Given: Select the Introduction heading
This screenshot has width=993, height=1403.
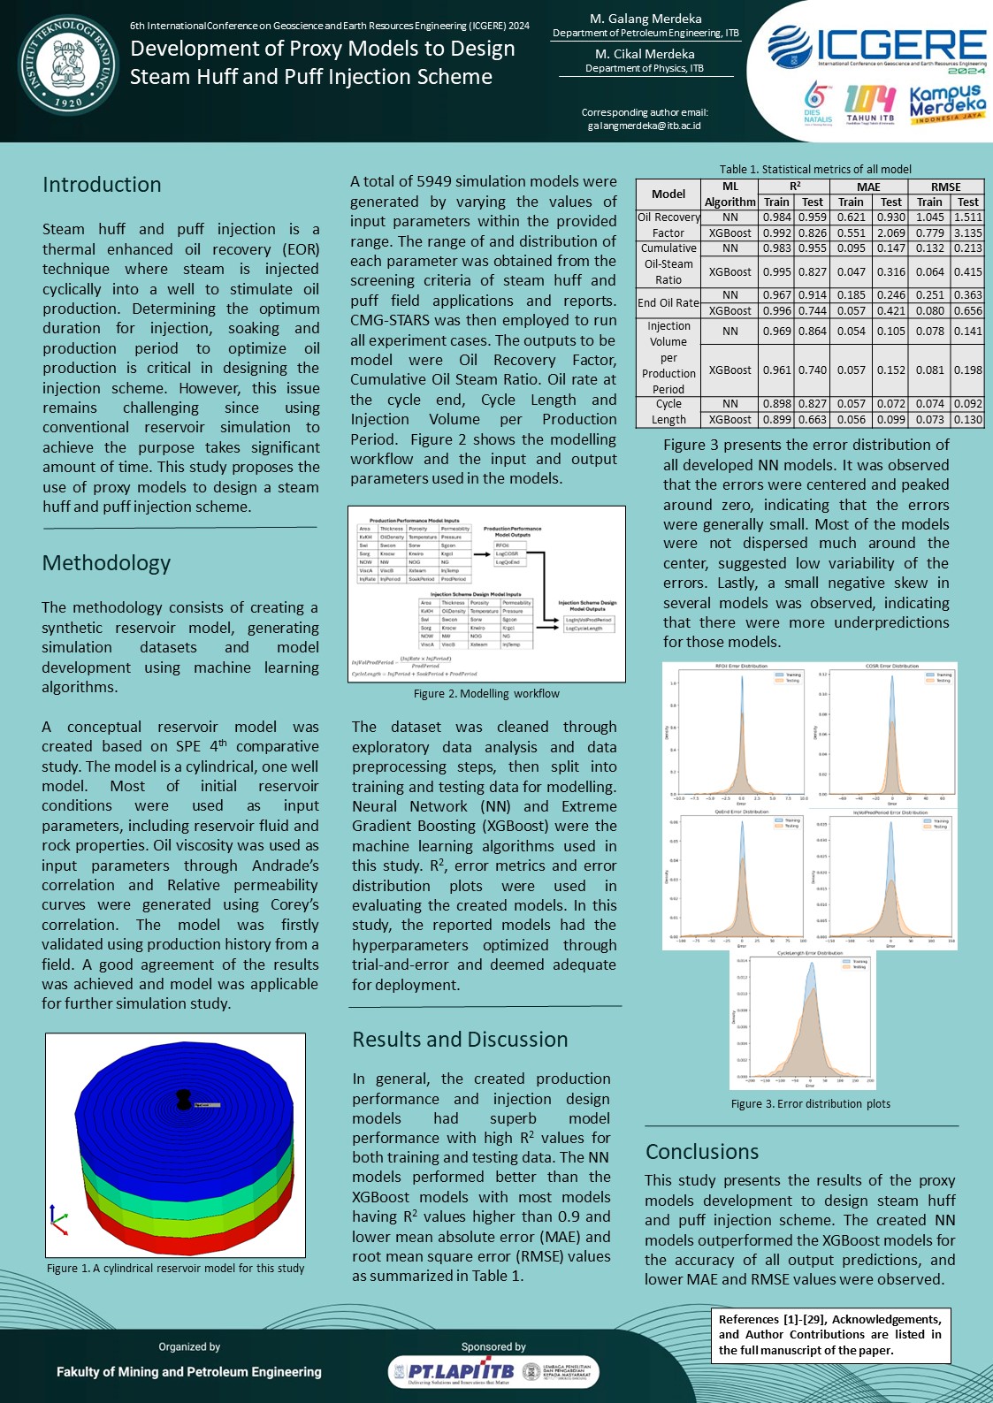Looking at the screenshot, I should [102, 185].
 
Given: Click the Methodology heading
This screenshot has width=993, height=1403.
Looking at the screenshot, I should [106, 563].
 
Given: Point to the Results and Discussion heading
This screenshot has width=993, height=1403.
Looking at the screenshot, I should [460, 1039].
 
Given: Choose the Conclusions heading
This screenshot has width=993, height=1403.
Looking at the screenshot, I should [702, 1151].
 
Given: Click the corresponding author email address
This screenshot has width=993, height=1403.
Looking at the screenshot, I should [644, 126].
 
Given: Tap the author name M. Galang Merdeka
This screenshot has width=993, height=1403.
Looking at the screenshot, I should [645, 19].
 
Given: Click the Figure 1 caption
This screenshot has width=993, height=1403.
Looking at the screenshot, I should [175, 1268].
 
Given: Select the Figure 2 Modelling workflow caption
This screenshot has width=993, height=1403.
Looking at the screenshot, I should [486, 694].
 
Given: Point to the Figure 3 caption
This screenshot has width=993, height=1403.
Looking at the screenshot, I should [810, 1103].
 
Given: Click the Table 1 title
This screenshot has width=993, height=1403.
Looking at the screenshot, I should [814, 169].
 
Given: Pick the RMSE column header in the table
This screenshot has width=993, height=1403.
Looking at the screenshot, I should [945, 187].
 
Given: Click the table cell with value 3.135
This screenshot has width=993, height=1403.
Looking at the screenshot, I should [967, 233].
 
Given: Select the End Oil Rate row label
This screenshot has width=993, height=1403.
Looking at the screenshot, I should [668, 302].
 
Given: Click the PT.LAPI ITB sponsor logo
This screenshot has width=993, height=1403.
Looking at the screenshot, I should [451, 1371].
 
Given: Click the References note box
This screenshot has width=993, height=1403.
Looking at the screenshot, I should [830, 1334].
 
